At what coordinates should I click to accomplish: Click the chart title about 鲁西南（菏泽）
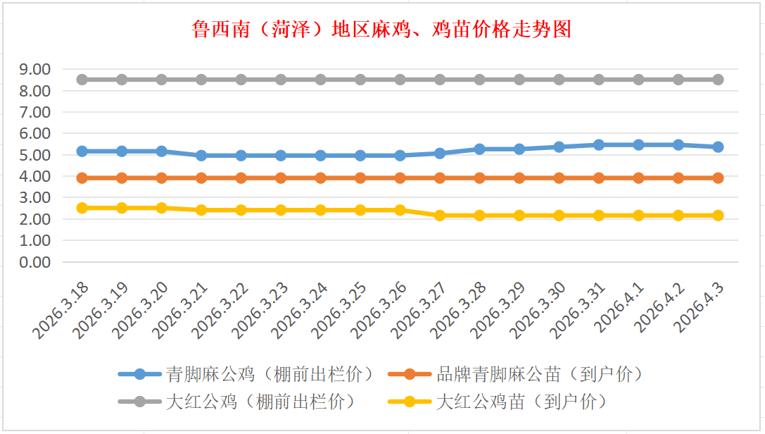(381, 30)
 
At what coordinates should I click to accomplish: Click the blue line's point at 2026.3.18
(82, 151)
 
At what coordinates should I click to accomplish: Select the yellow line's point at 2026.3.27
(440, 216)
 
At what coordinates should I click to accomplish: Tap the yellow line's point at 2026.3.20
(161, 208)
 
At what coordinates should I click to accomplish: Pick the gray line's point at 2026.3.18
(82, 80)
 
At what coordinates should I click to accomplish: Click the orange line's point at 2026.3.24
(320, 178)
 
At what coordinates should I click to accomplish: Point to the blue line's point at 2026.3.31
(599, 144)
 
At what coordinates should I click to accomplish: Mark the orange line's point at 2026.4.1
(638, 178)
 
